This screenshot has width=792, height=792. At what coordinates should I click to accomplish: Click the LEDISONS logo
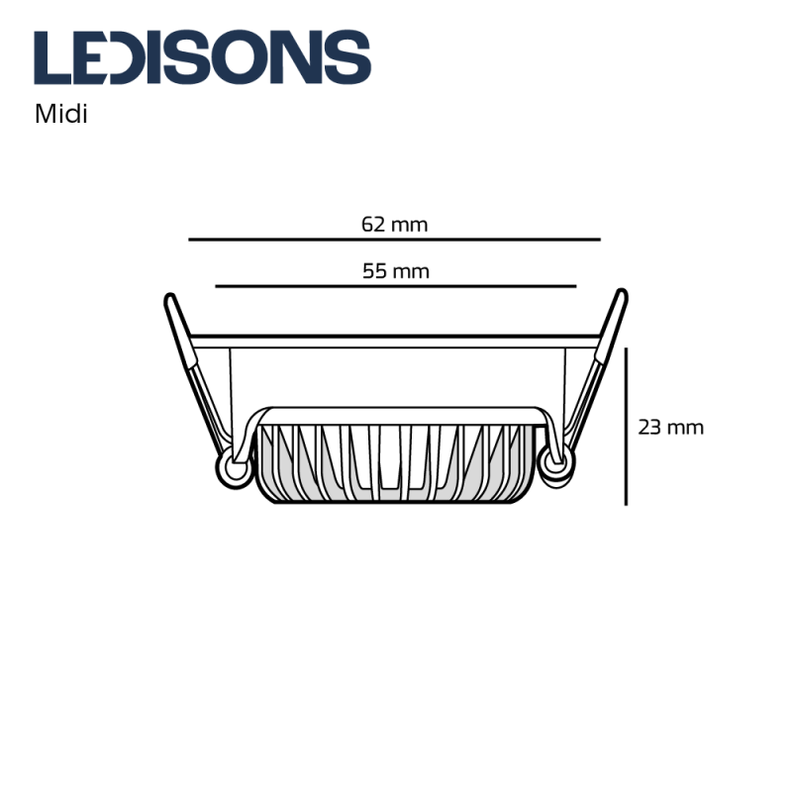point(202,57)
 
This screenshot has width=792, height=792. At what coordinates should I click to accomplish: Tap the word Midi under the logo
point(61,114)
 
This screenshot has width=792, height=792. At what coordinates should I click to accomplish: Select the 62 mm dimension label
point(394,224)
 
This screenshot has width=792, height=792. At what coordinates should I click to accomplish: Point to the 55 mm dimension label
point(395,270)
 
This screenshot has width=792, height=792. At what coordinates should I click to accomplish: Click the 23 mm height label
point(670,428)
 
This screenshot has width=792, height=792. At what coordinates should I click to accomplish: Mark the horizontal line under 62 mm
point(394,240)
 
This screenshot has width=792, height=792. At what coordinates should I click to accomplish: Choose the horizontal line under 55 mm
point(395,286)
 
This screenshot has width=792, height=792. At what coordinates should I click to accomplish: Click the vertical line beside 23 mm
point(626,426)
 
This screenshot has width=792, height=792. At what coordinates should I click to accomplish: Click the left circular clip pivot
point(236,467)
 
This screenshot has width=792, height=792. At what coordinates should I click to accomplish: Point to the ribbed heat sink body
point(396,460)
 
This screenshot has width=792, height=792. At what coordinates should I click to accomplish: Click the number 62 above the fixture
point(372,224)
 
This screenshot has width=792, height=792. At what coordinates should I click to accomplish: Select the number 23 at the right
point(649,428)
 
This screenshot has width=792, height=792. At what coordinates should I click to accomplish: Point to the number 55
point(373,270)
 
